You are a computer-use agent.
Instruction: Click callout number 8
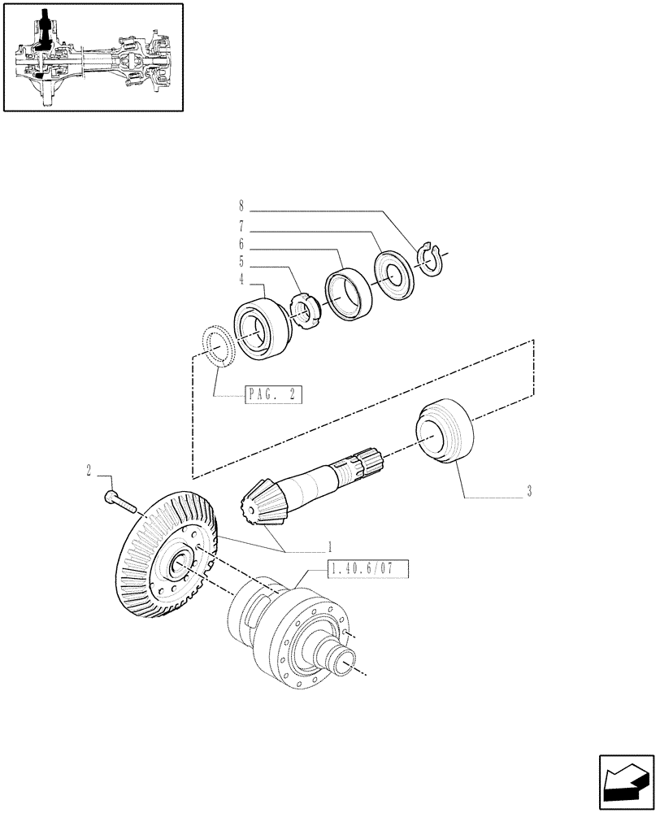tap(241, 207)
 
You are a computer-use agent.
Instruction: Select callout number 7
tap(241, 225)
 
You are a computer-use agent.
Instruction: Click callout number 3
tap(529, 491)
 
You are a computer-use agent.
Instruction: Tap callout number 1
tap(330, 546)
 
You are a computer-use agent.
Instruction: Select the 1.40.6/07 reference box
tap(368, 570)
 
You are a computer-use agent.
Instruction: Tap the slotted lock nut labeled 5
tap(303, 312)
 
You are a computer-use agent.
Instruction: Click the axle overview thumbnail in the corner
tap(92, 57)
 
